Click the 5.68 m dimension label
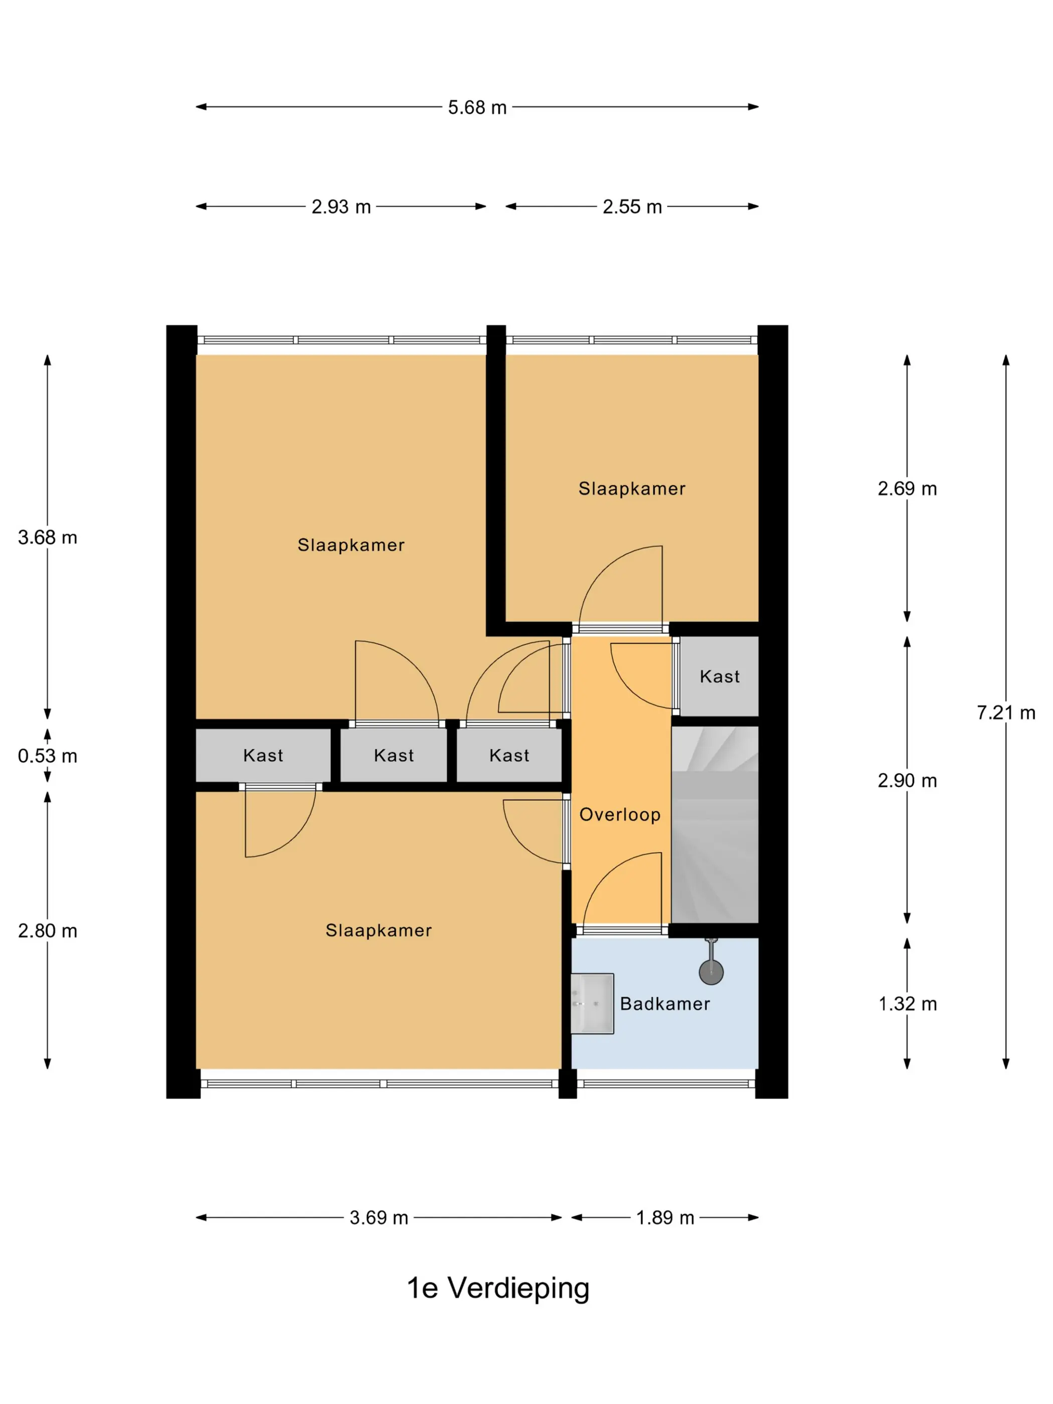477,107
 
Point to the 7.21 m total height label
1006,713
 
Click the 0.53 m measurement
48,756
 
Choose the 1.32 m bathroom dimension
908,1004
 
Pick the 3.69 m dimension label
379,1218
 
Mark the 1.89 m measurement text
665,1218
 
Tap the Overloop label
620,815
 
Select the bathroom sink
592,1003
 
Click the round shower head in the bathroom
711,972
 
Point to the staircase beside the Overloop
715,824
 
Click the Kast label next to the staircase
720,676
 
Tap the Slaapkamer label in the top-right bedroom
632,489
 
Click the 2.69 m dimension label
908,489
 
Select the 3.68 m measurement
48,538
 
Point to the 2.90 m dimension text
908,781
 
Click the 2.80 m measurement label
48,931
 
